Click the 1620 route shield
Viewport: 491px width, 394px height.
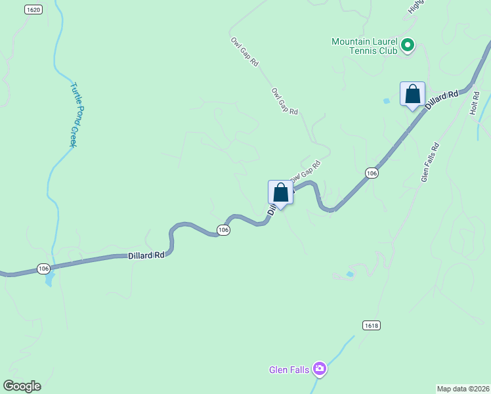[x=34, y=9]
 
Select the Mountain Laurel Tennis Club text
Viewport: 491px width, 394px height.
[x=364, y=45]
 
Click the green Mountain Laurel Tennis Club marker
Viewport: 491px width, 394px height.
[x=408, y=45]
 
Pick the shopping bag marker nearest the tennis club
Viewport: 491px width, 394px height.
[x=412, y=95]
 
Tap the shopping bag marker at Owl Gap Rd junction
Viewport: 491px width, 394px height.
[x=280, y=193]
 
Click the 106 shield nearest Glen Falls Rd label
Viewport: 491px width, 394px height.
[x=372, y=173]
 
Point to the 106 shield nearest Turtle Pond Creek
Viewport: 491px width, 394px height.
[x=44, y=268]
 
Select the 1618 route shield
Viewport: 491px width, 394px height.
[x=371, y=325]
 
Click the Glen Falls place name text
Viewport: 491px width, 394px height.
[x=289, y=370]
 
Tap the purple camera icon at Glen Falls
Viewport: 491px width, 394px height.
[x=320, y=369]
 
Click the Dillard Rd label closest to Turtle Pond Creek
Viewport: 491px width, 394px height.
[x=146, y=255]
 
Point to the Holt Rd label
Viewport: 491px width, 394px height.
[x=475, y=104]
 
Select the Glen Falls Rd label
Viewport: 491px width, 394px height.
[x=430, y=162]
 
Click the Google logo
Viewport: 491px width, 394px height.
[x=22, y=386]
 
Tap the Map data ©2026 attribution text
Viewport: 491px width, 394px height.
[x=463, y=388]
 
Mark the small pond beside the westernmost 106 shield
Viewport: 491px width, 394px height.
[x=49, y=281]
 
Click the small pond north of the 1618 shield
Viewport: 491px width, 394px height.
[x=350, y=274]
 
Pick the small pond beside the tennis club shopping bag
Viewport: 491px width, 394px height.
[x=386, y=101]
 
